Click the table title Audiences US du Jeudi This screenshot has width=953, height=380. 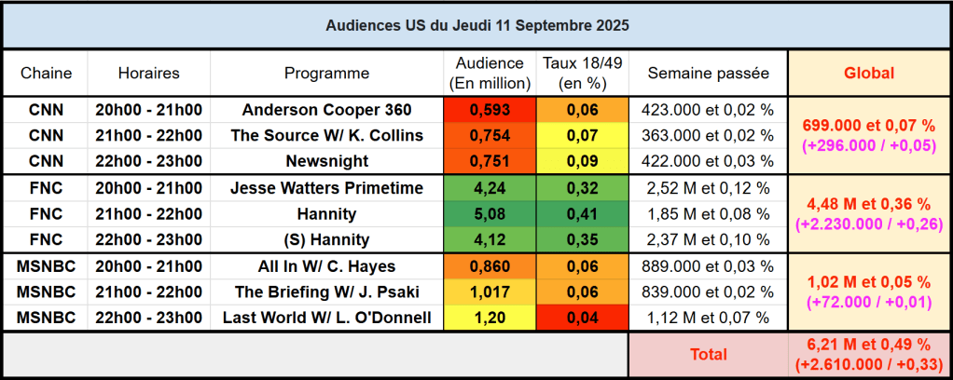[x=476, y=25]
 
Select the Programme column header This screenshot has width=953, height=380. [x=326, y=73]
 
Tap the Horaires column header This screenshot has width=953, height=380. [x=149, y=73]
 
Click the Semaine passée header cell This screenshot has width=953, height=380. [x=708, y=73]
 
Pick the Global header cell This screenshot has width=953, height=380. [x=868, y=73]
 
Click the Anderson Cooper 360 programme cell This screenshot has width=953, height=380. [x=326, y=110]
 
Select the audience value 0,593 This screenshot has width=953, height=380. [x=490, y=110]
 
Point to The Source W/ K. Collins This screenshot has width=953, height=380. [x=326, y=135]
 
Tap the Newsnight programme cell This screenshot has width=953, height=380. [x=326, y=160]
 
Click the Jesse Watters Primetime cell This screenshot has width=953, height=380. [x=326, y=188]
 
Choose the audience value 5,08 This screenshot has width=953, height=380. [x=490, y=213]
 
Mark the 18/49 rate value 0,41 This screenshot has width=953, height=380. [x=583, y=213]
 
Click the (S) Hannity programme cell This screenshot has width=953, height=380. [x=326, y=238]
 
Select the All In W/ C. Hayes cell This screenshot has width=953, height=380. [x=326, y=266]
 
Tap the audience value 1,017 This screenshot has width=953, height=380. [x=490, y=292]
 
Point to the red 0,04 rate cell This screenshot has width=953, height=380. [x=583, y=318]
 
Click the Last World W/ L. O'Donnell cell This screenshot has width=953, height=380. [x=326, y=318]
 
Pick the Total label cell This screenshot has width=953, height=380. [x=708, y=355]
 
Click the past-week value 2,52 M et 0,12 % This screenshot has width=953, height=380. [x=708, y=188]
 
